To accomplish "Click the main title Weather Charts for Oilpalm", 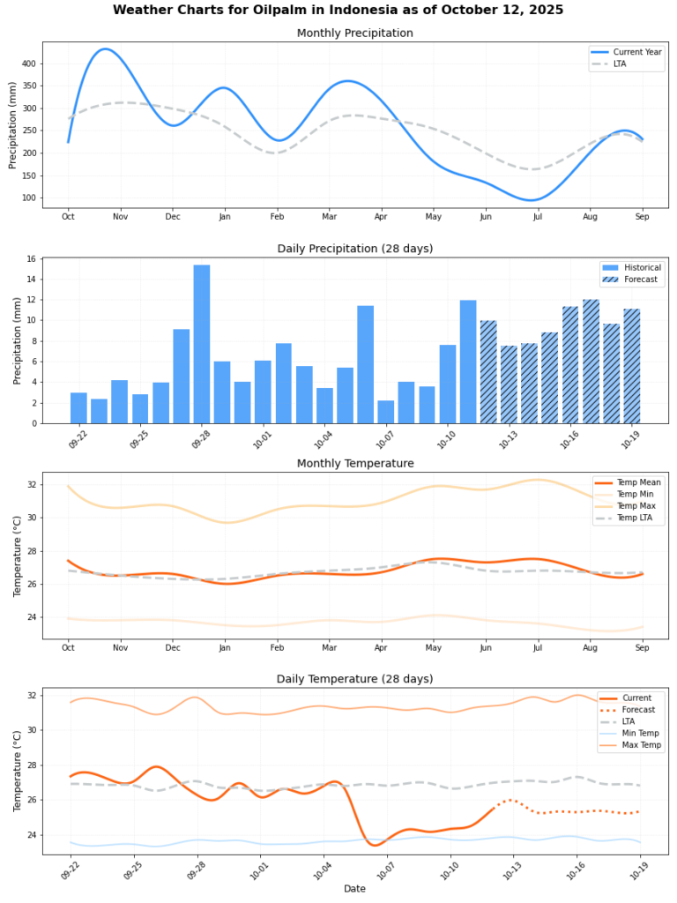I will click(x=338, y=10).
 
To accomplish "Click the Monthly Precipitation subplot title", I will click(x=354, y=34).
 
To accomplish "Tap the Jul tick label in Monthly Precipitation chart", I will click(x=538, y=216).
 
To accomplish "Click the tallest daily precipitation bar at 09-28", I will click(x=202, y=344).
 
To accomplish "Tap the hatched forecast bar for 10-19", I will click(x=632, y=366).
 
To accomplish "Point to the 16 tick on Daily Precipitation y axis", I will click(x=31, y=259).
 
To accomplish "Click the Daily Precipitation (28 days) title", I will click(x=354, y=249).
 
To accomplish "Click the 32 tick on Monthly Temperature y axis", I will click(x=31, y=485).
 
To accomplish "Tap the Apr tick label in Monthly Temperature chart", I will click(x=382, y=648).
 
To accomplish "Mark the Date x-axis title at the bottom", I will click(x=354, y=889).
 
